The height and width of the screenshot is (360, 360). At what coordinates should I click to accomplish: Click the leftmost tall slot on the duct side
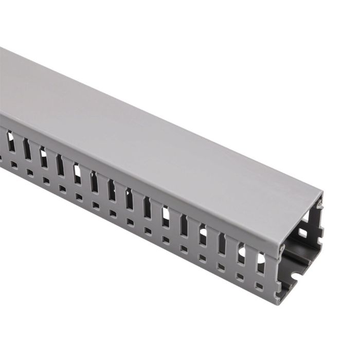click(10, 141)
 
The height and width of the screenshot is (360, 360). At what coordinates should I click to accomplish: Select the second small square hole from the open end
click(240, 276)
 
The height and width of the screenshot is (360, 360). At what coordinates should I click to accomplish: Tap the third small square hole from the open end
click(221, 267)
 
